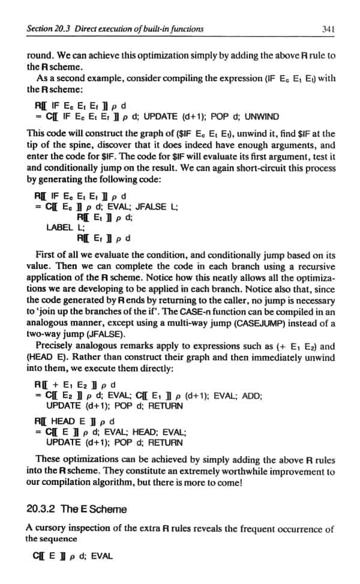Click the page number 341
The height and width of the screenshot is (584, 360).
click(328, 28)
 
